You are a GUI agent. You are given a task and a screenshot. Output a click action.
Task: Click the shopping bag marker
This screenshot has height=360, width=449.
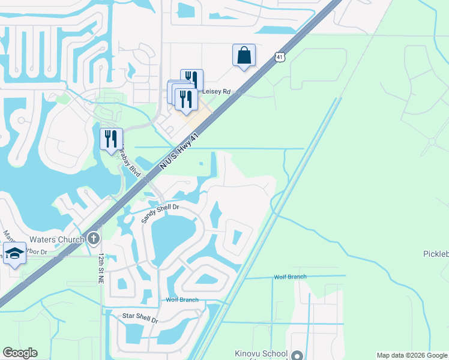[x=244, y=55]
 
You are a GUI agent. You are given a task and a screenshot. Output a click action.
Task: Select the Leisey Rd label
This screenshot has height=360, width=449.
[x=216, y=92]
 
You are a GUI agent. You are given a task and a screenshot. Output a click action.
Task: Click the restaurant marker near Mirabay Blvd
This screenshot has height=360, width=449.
[x=111, y=139]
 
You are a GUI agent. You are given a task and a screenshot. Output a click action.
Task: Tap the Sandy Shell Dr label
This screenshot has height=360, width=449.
[x=160, y=213]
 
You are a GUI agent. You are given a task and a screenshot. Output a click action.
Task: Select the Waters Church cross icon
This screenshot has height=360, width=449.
[x=93, y=239]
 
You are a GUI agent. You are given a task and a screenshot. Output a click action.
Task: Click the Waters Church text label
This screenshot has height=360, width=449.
[x=59, y=240]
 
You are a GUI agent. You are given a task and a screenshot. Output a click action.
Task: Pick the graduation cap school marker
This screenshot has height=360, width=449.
[x=14, y=254]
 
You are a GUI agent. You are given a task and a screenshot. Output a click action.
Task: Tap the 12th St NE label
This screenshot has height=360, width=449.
[x=101, y=265]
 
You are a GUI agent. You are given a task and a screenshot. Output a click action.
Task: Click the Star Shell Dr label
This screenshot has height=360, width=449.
[x=140, y=318]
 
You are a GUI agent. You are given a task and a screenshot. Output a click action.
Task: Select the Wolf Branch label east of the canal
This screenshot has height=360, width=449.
[x=290, y=277]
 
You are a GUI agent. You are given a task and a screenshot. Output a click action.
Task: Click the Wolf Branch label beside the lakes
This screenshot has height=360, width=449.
[x=182, y=299]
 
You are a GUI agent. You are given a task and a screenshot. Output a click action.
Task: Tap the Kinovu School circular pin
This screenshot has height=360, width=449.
[x=297, y=355]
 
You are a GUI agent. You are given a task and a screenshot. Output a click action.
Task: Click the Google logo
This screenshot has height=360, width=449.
[x=20, y=353]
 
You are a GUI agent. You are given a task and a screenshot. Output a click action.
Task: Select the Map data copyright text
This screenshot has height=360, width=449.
[x=412, y=355]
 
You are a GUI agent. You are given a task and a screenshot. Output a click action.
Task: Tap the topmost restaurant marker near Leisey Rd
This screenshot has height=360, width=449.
[x=191, y=80]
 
